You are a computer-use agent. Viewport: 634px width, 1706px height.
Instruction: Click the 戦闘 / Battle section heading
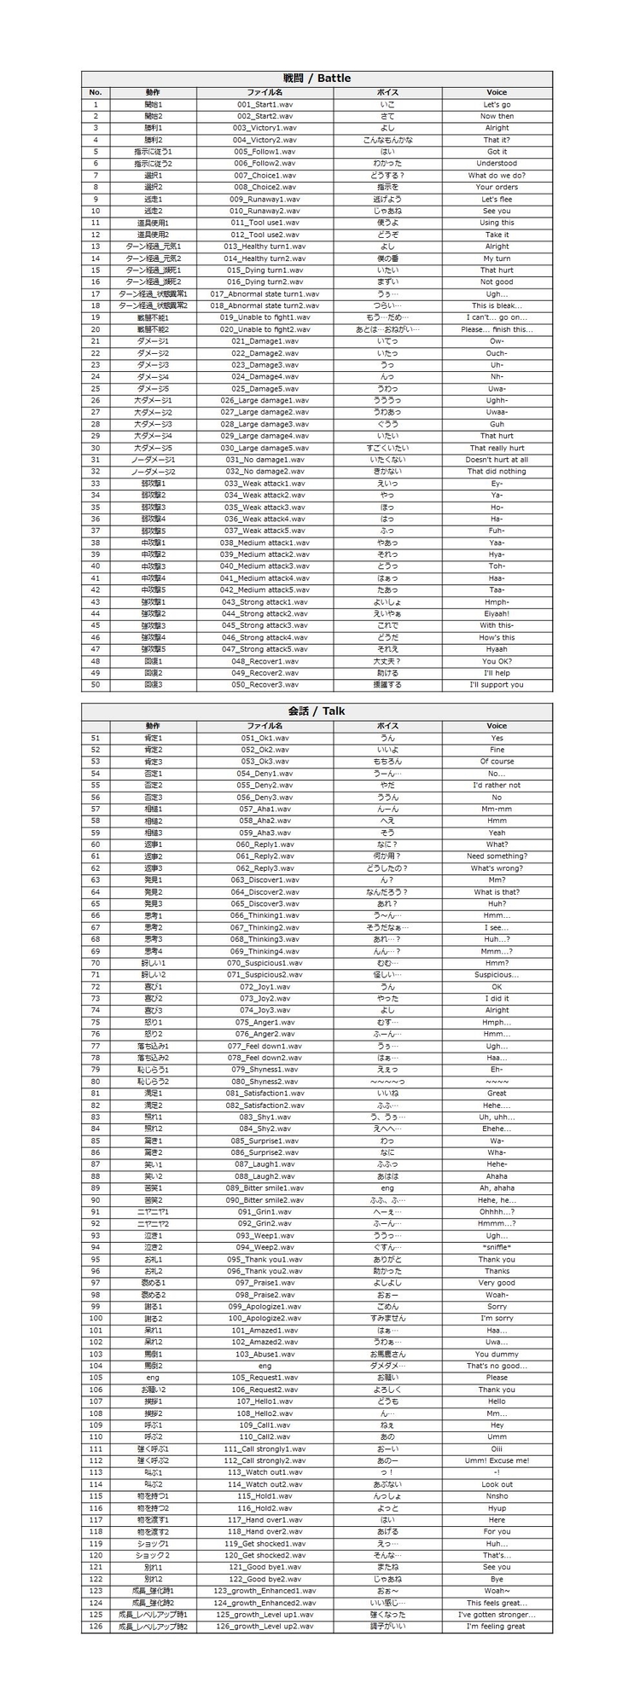317,78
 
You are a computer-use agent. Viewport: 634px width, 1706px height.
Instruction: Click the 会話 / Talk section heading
317,711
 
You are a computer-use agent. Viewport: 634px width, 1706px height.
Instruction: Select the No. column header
96,92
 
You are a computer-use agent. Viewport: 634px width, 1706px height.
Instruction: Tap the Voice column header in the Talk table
497,726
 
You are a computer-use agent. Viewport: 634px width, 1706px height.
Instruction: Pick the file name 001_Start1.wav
265,104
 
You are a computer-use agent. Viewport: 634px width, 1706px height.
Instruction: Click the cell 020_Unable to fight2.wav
265,329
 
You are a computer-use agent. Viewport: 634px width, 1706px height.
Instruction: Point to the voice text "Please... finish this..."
497,329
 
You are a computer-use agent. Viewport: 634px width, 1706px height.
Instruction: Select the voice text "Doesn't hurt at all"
497,460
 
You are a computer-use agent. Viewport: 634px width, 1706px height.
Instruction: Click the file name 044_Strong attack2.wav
265,613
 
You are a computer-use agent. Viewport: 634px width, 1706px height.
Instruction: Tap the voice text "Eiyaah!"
497,613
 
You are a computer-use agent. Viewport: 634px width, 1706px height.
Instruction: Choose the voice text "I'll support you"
497,685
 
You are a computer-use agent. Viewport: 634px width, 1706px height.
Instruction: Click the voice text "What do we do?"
497,176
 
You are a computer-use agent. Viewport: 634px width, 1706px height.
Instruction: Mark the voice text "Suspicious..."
497,975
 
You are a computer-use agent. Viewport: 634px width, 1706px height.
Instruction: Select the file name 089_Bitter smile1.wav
265,1188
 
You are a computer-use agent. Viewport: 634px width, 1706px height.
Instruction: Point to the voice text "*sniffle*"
497,1247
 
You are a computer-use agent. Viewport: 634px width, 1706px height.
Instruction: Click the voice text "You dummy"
497,1354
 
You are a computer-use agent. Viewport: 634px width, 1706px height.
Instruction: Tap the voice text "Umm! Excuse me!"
497,1460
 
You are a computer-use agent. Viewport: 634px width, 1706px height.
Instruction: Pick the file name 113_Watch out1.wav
265,1472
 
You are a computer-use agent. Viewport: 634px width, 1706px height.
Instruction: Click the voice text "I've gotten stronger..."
497,1615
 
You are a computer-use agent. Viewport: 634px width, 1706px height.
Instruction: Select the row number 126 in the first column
96,1627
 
